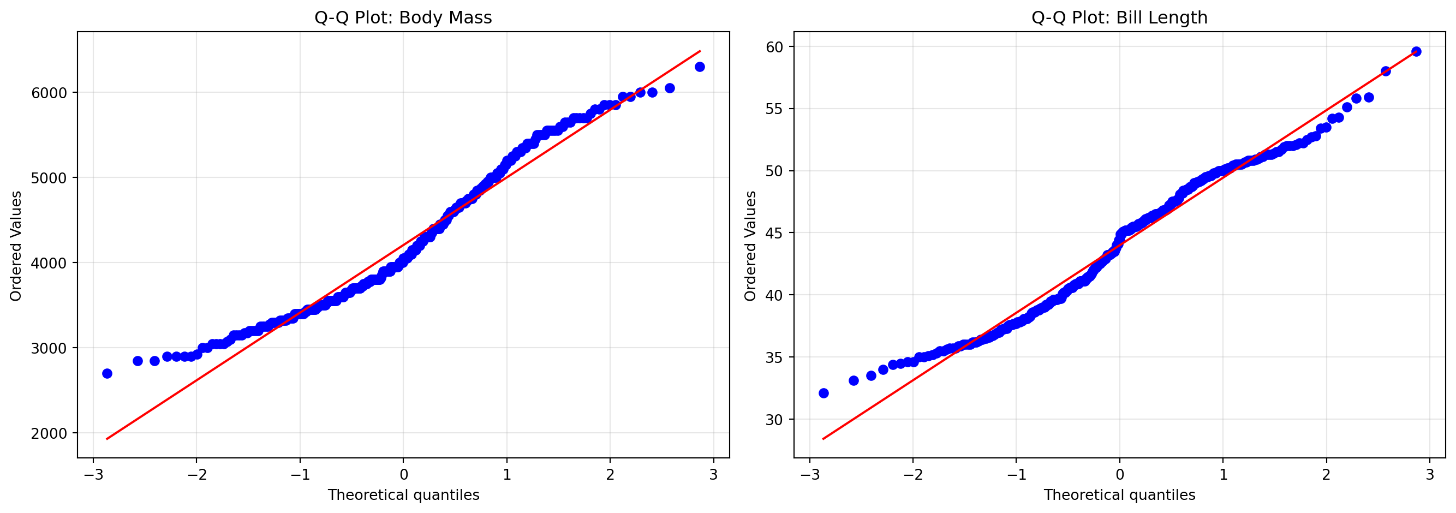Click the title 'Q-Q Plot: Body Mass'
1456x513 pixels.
click(403, 17)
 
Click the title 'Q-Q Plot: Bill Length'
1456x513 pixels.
click(1119, 17)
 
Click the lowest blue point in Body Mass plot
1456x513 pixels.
click(107, 373)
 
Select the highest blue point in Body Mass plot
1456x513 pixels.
click(700, 67)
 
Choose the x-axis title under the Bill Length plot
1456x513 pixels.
click(1119, 496)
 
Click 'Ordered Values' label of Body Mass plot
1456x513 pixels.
click(16, 246)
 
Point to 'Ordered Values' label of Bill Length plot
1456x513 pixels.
click(750, 246)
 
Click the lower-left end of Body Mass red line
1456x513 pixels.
click(107, 438)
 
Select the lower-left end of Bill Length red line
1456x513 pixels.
click(824, 438)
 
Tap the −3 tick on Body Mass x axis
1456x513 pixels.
click(93, 475)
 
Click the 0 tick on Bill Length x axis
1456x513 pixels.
click(1120, 475)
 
